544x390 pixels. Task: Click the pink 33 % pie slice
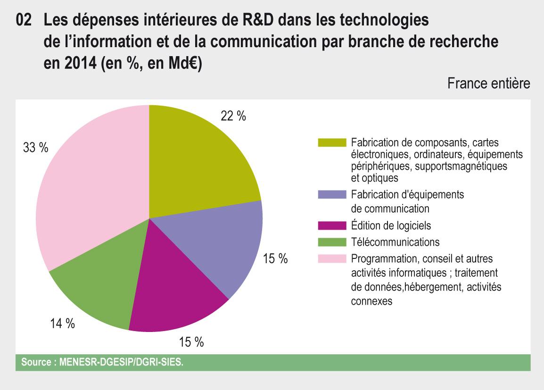[x=90, y=184]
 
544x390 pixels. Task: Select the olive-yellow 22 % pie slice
[x=198, y=160]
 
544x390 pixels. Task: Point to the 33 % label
[x=36, y=148]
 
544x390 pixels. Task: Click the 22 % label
[x=233, y=116]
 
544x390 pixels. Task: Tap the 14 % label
[x=63, y=324]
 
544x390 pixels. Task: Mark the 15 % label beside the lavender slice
[x=275, y=259]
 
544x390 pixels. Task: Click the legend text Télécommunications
[x=395, y=242]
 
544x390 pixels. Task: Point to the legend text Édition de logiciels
[x=391, y=226]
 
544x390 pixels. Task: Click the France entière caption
[x=489, y=84]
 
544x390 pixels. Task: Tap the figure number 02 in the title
[x=24, y=21]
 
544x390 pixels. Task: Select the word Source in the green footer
[x=37, y=363]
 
